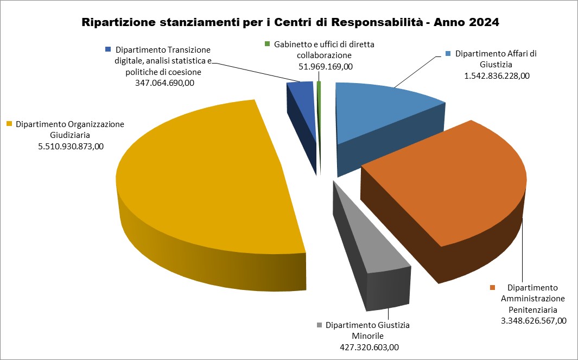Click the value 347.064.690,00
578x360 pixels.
click(161, 84)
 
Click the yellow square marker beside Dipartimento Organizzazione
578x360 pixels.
click(9, 124)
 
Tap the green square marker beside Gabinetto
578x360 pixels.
click(266, 44)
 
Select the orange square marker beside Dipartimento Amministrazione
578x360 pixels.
click(493, 287)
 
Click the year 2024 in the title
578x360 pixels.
click(481, 23)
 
